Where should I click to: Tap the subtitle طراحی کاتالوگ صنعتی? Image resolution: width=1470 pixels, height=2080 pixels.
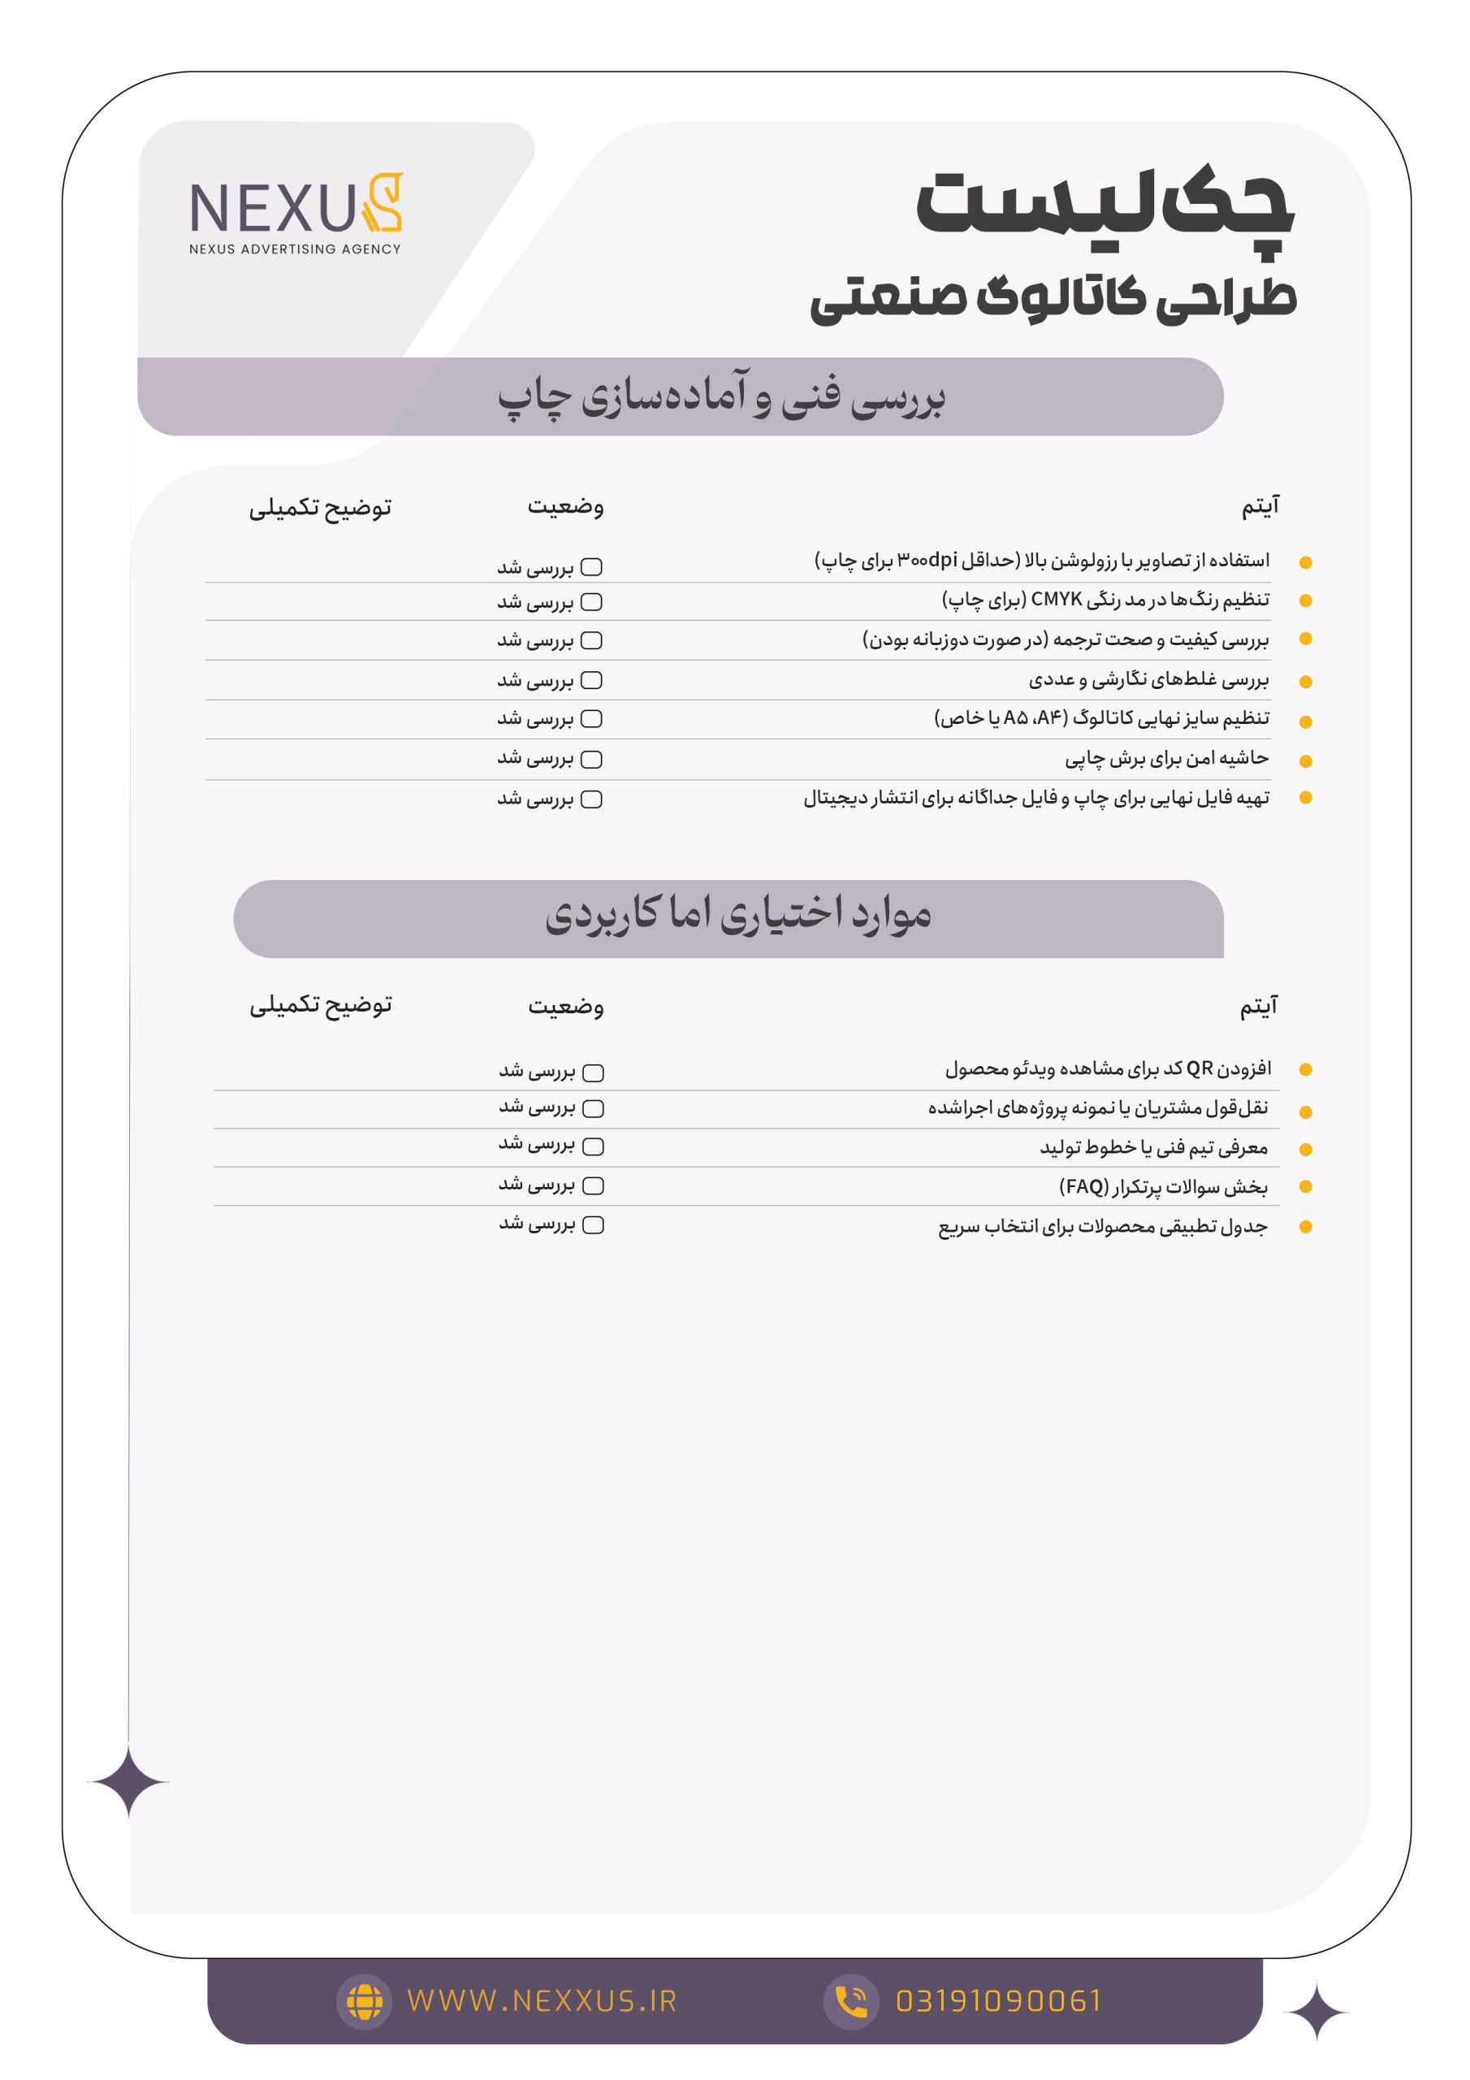pyautogui.click(x=1053, y=297)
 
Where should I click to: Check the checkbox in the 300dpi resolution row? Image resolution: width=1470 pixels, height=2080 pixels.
pyautogui.click(x=591, y=567)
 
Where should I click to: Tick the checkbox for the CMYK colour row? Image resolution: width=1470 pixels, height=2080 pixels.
pyautogui.click(x=591, y=601)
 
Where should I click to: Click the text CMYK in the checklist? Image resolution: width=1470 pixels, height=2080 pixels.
pyautogui.click(x=1056, y=599)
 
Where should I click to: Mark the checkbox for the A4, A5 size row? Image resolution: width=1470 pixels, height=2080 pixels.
pyautogui.click(x=591, y=718)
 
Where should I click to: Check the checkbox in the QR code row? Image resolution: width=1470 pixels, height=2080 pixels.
pyautogui.click(x=593, y=1072)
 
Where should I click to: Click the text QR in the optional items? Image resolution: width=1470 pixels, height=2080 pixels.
pyautogui.click(x=1200, y=1068)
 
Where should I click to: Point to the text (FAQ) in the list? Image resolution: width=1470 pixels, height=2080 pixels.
pyautogui.click(x=1083, y=1186)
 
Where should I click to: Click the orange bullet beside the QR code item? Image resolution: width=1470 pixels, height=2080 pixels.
pyautogui.click(x=1305, y=1070)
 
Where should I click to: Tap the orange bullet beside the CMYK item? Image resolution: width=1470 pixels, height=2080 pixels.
pyautogui.click(x=1305, y=600)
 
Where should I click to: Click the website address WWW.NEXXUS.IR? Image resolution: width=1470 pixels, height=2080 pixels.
pyautogui.click(x=542, y=2000)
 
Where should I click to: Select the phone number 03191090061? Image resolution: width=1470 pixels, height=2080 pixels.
pyautogui.click(x=998, y=2000)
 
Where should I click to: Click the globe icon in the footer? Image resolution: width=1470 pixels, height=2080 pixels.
pyautogui.click(x=364, y=2001)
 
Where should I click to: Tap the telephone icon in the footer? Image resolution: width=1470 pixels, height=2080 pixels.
pyautogui.click(x=850, y=2001)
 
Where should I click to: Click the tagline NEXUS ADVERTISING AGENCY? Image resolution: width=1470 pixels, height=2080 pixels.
pyautogui.click(x=296, y=249)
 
